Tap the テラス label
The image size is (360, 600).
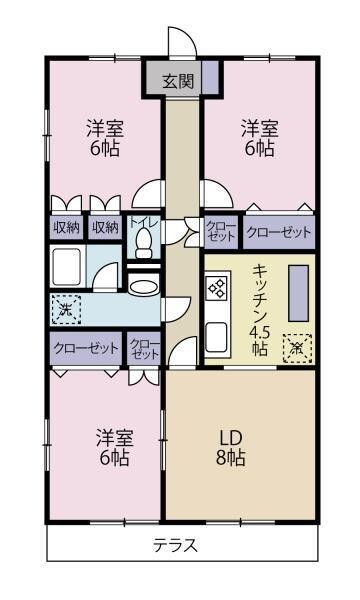point(175,546)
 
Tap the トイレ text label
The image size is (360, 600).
point(139,224)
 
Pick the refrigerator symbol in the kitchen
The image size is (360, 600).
point(295,347)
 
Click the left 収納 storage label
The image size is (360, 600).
point(67,227)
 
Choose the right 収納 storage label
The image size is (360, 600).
point(105,227)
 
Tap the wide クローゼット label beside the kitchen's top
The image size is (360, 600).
point(279,233)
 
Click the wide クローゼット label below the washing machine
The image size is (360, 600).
point(85,350)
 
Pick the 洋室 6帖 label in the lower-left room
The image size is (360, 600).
point(113,448)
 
